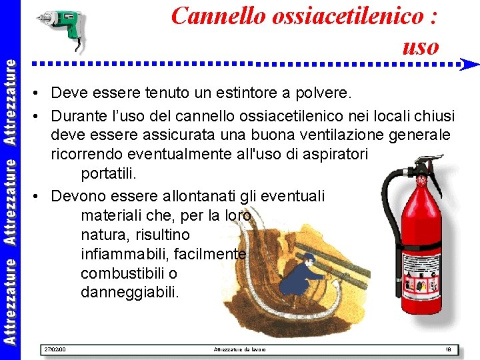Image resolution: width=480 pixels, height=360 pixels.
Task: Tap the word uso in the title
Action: (421, 46)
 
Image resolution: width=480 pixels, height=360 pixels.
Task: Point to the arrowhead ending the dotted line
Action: (471, 65)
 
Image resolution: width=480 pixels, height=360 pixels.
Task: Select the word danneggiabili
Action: (129, 292)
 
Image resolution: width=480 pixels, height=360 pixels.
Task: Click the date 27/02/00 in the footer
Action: (54, 349)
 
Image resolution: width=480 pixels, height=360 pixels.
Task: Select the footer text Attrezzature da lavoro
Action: (239, 349)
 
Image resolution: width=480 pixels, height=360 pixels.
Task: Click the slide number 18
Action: (448, 349)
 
